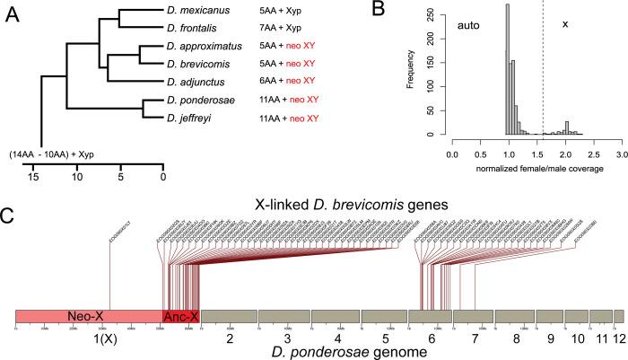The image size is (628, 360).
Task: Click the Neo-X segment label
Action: click(87, 316)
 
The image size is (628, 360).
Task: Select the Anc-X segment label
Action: click(181, 316)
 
